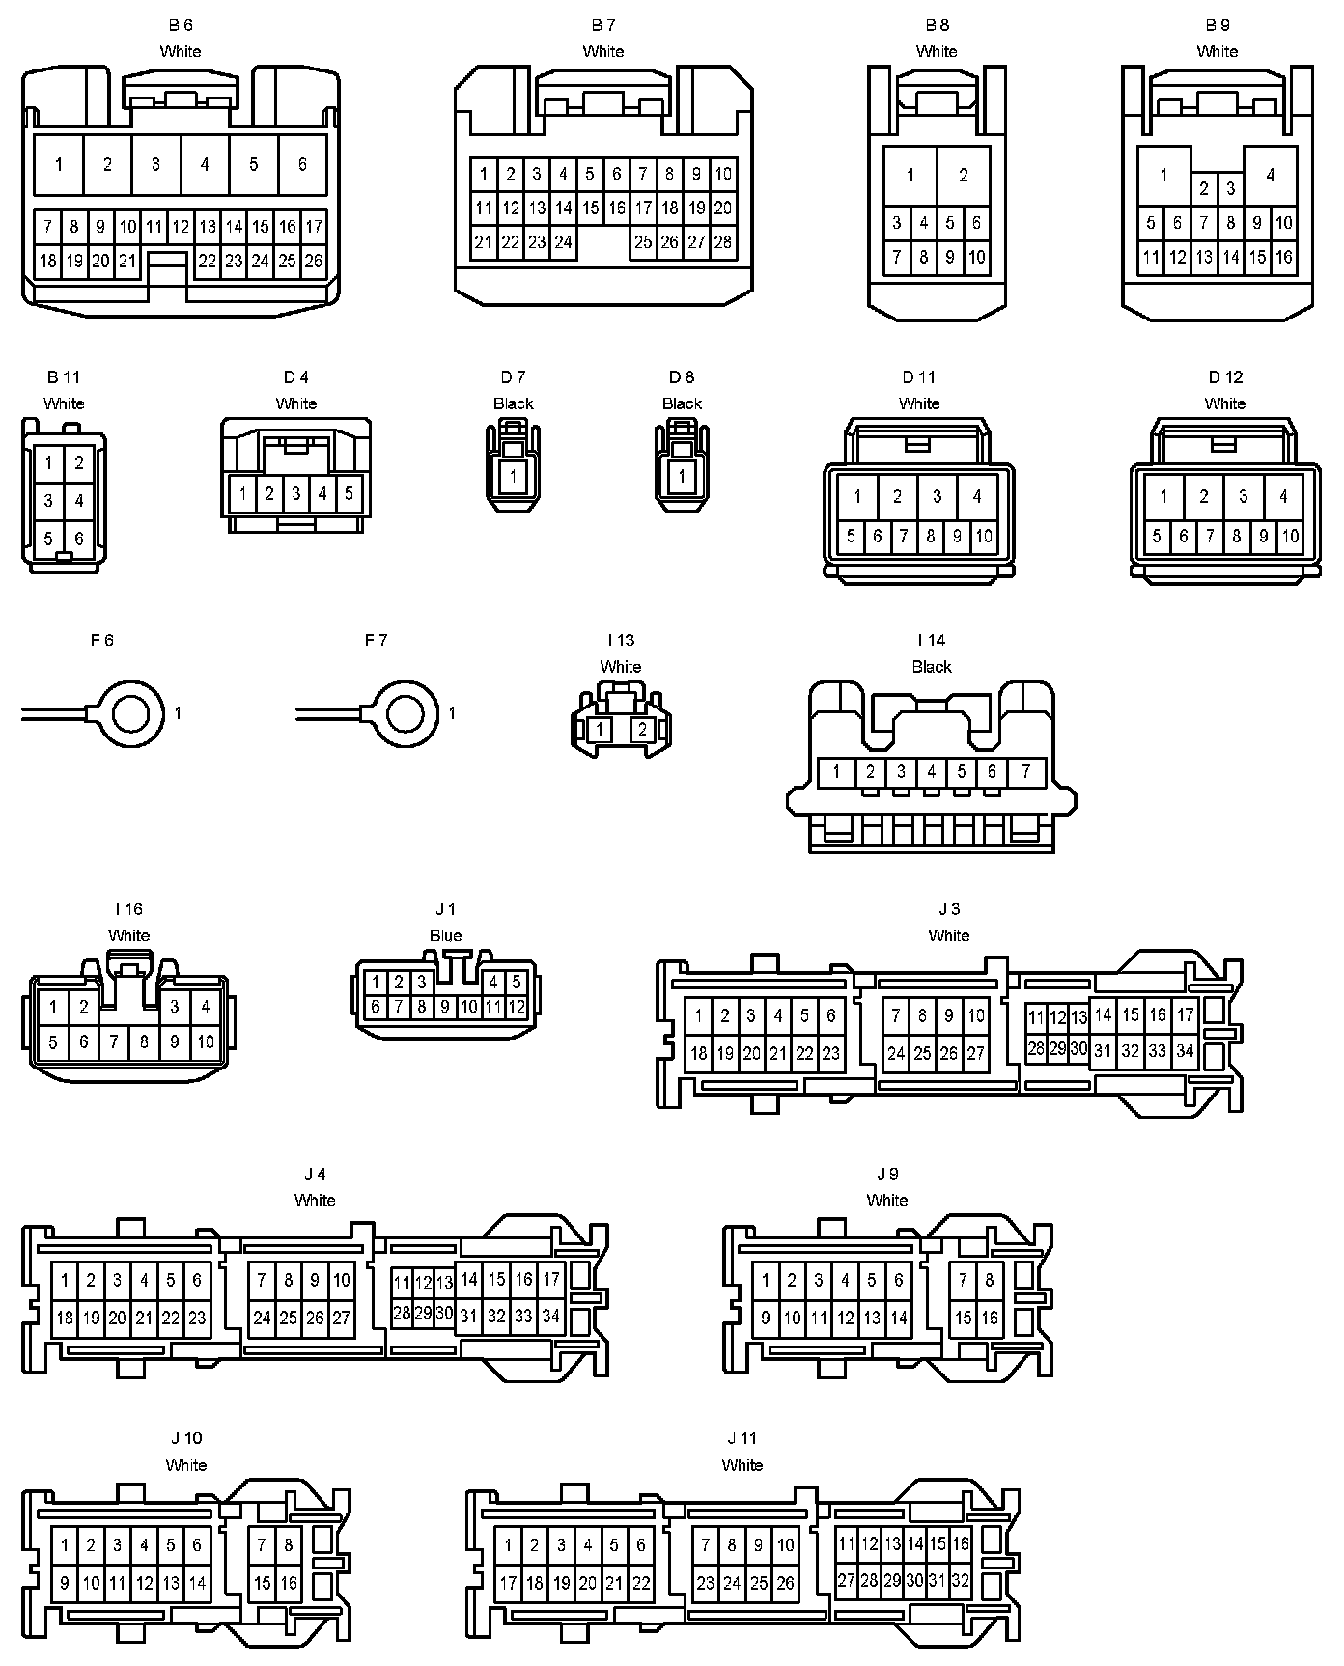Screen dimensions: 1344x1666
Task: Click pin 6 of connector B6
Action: click(302, 164)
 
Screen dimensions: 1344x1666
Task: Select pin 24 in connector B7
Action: click(564, 242)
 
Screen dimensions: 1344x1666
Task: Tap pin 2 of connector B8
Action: click(964, 175)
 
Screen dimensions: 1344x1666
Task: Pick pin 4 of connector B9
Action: click(1271, 175)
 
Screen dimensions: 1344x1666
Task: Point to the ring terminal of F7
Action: click(403, 713)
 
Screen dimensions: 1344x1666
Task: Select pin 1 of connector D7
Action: click(514, 475)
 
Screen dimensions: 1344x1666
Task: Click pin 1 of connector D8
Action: click(683, 475)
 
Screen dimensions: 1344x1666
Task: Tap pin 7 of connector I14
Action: click(1025, 771)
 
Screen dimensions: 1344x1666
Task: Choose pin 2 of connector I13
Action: click(643, 730)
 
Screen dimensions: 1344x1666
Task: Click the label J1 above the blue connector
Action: click(445, 909)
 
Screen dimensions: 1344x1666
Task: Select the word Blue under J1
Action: click(445, 935)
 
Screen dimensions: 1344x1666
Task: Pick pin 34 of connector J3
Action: click(1185, 1051)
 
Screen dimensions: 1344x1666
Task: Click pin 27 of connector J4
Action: click(342, 1317)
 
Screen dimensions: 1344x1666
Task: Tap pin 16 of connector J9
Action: click(990, 1317)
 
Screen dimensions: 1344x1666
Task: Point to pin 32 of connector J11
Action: click(960, 1581)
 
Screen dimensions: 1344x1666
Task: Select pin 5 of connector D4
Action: click(349, 493)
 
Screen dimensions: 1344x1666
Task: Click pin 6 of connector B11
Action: click(79, 539)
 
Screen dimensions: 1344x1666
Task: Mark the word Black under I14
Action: click(932, 667)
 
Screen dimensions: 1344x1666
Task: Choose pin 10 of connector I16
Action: click(206, 1042)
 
